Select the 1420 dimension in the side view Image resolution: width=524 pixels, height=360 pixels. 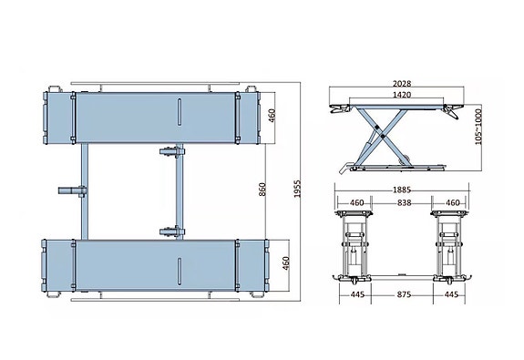[x=394, y=93]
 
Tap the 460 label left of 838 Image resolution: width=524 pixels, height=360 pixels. [x=358, y=202]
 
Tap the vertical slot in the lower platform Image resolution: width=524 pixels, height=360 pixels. [x=180, y=264]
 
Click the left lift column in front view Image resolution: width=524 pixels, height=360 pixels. [x=355, y=244]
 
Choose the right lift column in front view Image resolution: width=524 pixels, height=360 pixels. [x=448, y=244]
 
